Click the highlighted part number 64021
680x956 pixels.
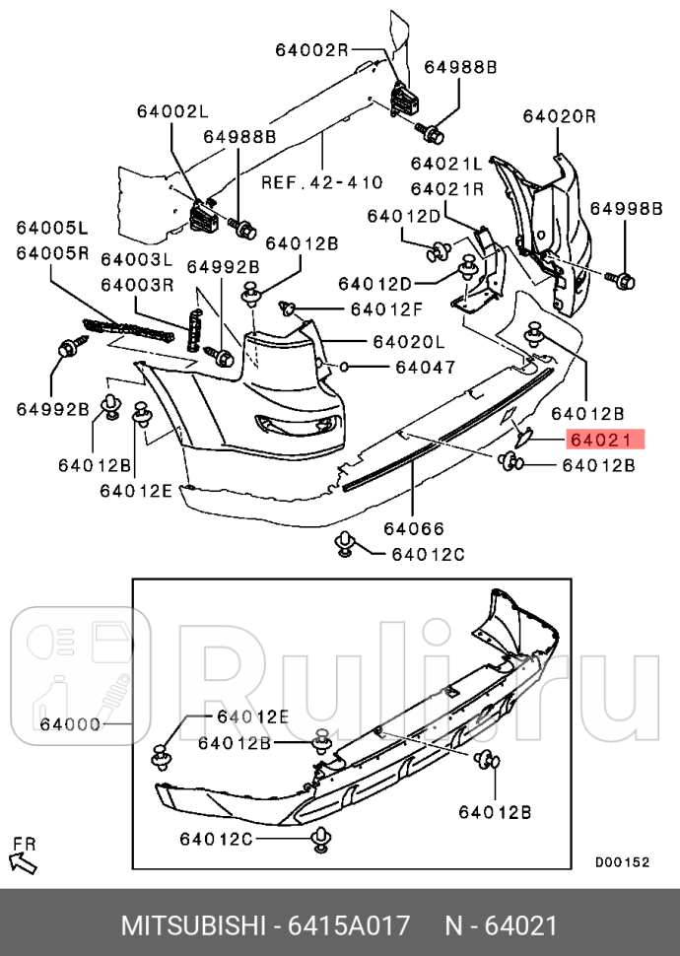tap(604, 441)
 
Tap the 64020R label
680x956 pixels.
tap(559, 116)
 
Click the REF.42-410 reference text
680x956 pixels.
tap(321, 182)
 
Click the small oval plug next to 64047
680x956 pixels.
tap(346, 368)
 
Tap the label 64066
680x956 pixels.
tap(414, 529)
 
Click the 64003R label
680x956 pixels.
tap(137, 285)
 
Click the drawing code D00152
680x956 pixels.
tap(622, 861)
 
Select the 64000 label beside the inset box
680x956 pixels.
tap(71, 724)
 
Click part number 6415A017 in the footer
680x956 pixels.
tap(348, 926)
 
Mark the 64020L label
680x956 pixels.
tap(408, 342)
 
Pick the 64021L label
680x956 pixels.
tap(446, 164)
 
